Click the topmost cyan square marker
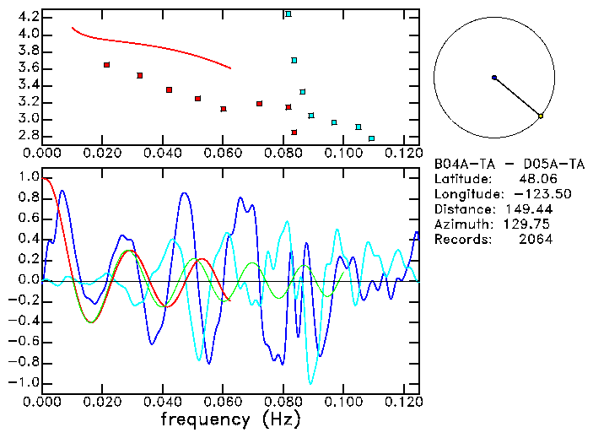pyautogui.click(x=288, y=14)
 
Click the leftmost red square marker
pyautogui.click(x=106, y=65)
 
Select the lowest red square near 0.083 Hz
pyautogui.click(x=294, y=132)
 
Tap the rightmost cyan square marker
pyautogui.click(x=371, y=138)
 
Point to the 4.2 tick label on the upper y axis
pyautogui.click(x=28, y=17)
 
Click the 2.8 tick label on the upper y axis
pyautogui.click(x=28, y=136)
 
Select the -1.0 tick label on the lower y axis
pyautogui.click(x=24, y=382)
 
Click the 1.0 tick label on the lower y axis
pyautogui.click(x=28, y=178)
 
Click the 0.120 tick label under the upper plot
pyautogui.click(x=403, y=153)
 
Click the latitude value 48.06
pyautogui.click(x=535, y=179)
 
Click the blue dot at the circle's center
pyautogui.click(x=494, y=78)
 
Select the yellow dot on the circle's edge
pyautogui.click(x=541, y=116)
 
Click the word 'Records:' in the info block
pyautogui.click(x=461, y=240)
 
